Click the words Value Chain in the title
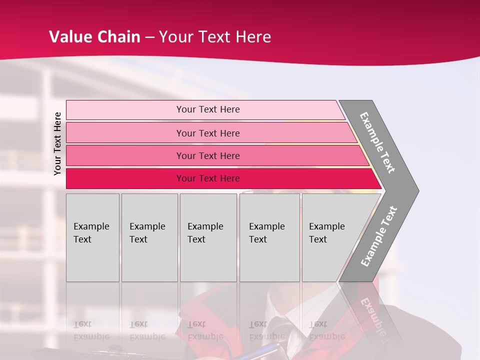click(x=94, y=37)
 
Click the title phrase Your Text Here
click(x=215, y=37)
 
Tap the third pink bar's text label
click(x=207, y=155)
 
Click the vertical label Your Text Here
click(x=57, y=143)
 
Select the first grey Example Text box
click(x=92, y=237)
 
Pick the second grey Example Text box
click(x=149, y=237)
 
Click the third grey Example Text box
click(x=208, y=237)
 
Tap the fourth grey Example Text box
click(x=269, y=237)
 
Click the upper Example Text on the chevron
click(x=377, y=142)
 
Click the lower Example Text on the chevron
click(x=379, y=236)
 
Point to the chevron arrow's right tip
click(x=417, y=191)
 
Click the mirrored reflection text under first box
click(x=91, y=330)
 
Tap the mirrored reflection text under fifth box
click(x=326, y=330)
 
